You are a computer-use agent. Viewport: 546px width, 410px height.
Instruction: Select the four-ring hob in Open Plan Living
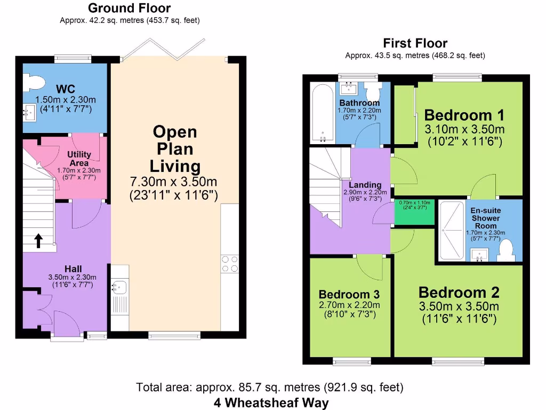230,264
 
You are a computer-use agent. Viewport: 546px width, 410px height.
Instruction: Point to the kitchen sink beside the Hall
119,288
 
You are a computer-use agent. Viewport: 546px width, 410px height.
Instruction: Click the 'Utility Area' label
79,159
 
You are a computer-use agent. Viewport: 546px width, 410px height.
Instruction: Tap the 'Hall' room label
73,268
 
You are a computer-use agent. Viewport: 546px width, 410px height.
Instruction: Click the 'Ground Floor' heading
129,8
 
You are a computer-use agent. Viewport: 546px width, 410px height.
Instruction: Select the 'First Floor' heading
415,43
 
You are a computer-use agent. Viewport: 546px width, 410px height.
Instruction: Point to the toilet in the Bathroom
373,88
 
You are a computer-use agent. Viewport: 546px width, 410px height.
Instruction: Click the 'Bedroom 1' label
464,115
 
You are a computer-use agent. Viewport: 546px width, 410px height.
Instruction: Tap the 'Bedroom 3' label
349,294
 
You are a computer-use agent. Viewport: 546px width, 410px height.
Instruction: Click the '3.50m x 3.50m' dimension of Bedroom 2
459,306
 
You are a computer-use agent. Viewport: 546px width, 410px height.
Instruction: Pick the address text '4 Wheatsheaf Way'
271,402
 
